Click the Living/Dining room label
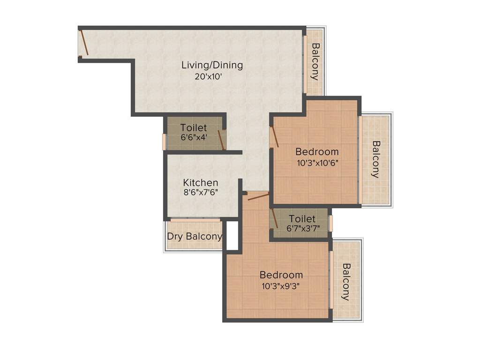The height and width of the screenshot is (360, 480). (212, 65)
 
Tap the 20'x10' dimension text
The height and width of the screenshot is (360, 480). (208, 77)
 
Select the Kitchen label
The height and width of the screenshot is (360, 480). (200, 182)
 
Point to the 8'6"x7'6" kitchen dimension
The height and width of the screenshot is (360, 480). (200, 192)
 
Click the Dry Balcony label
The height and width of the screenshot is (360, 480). (195, 236)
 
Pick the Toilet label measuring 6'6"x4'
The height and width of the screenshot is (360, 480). (194, 127)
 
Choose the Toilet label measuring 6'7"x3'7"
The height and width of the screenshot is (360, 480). (302, 219)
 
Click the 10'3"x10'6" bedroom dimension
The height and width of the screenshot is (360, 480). (317, 163)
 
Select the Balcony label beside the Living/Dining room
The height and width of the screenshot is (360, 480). (315, 61)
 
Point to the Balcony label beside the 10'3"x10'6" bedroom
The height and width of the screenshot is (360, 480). (375, 159)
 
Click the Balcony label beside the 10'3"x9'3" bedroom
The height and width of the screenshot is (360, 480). (346, 282)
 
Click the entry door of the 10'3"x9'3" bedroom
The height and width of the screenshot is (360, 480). (258, 196)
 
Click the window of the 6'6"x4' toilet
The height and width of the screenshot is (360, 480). (164, 142)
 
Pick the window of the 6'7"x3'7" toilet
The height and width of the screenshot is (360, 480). (330, 223)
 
